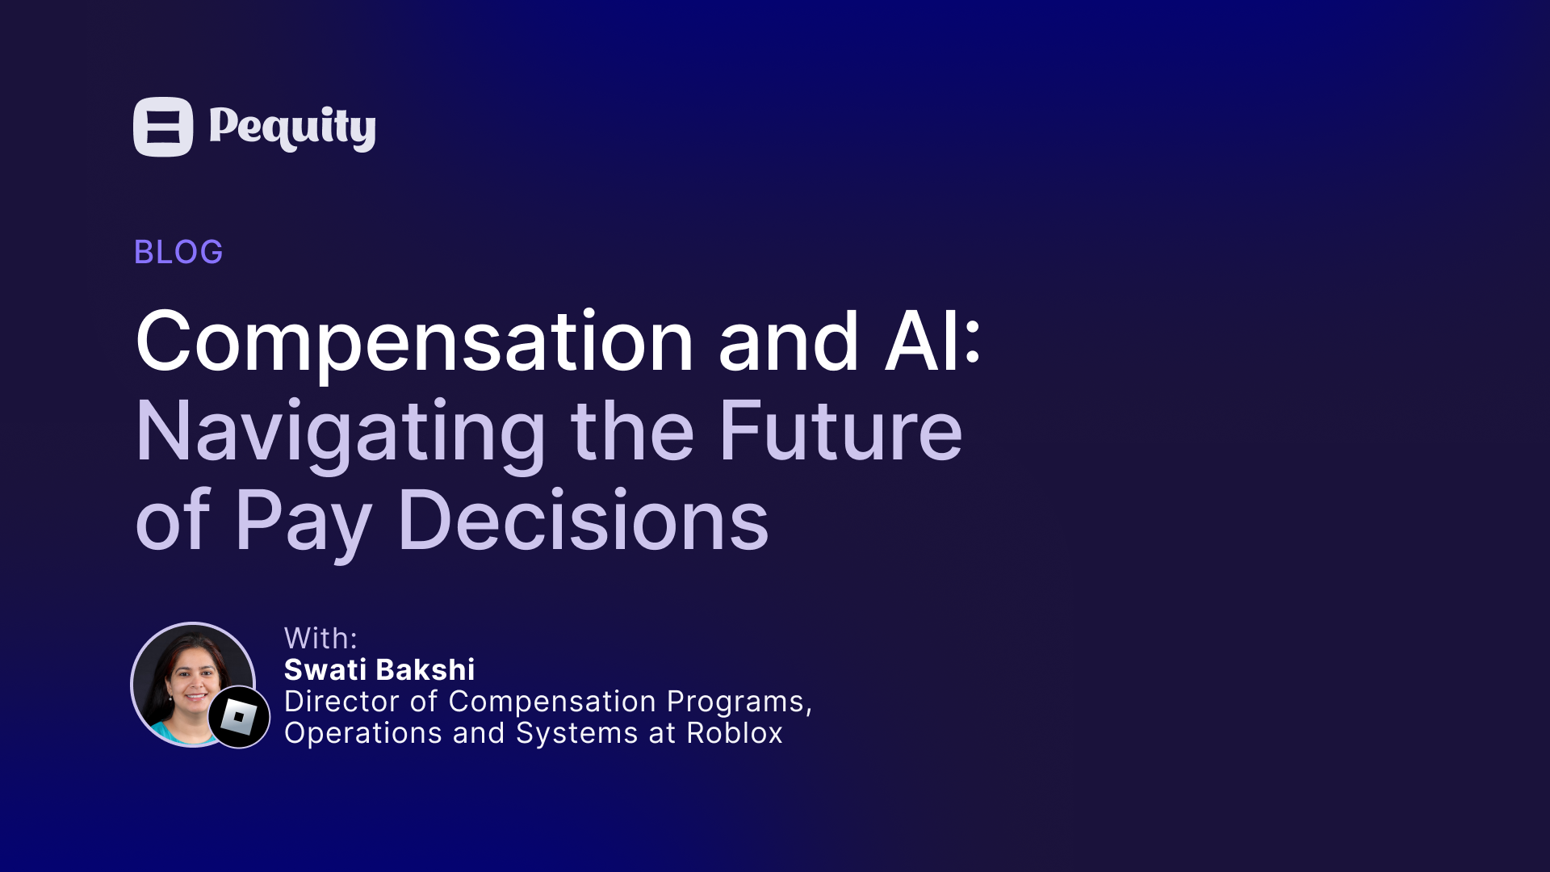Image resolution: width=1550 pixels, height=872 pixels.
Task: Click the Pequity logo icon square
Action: [x=163, y=127]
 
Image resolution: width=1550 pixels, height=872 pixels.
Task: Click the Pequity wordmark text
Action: [x=292, y=128]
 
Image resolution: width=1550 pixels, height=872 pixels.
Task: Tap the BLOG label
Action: [x=178, y=252]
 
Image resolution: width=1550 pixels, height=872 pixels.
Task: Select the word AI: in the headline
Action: [x=933, y=341]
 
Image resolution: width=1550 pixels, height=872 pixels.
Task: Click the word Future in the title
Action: [x=840, y=431]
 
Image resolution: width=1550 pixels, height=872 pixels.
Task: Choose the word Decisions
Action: [x=584, y=520]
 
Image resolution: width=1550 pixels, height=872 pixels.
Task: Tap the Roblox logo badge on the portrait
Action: [x=239, y=717]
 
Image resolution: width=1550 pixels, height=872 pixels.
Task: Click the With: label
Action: [x=320, y=639]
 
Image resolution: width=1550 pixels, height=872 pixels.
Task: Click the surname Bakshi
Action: [x=425, y=670]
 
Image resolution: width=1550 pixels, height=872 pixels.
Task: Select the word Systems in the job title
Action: [x=577, y=734]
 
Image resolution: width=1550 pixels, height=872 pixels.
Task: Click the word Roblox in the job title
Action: [x=735, y=733]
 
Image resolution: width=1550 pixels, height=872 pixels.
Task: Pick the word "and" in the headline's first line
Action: [x=789, y=342]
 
